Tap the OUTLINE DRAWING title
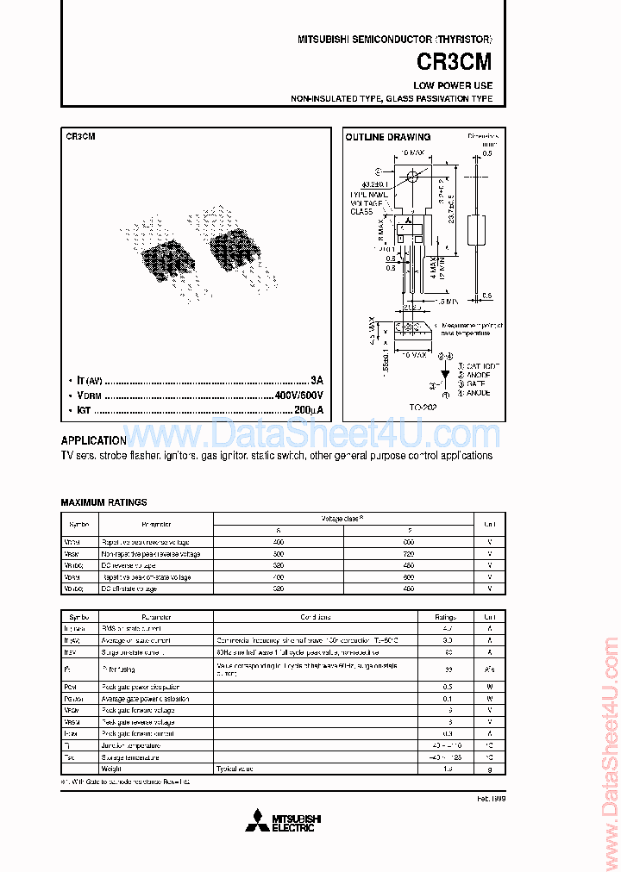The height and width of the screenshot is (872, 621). tap(387, 137)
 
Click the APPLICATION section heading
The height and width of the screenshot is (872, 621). tap(94, 439)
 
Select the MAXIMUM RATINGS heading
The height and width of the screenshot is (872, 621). tap(103, 502)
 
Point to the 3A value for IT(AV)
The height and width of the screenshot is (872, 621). tap(317, 380)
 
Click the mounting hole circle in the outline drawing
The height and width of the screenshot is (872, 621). tap(413, 177)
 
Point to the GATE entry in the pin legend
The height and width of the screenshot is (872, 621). tap(474, 383)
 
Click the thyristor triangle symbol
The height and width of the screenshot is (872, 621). tap(444, 376)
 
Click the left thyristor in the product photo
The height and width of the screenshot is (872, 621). tap(161, 256)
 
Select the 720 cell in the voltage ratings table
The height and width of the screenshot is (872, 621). tap(409, 553)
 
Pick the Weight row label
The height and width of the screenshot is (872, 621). tap(113, 769)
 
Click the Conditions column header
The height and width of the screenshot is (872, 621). tap(316, 617)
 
